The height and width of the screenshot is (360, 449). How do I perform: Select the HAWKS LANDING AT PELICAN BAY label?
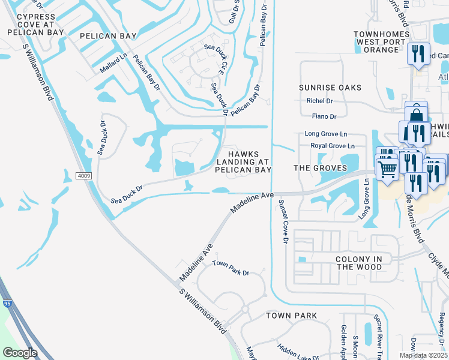[243, 161]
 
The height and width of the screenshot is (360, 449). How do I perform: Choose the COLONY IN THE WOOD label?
[359, 263]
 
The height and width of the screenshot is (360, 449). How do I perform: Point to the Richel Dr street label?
[319, 101]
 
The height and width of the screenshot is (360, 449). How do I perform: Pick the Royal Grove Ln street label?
[333, 146]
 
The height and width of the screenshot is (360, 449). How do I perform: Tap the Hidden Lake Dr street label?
[299, 352]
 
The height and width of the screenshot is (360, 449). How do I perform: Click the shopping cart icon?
[387, 169]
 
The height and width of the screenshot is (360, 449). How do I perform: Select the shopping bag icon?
[415, 113]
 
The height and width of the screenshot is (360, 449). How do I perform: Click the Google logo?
[20, 353]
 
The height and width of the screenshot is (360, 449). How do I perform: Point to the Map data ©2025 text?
[423, 355]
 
